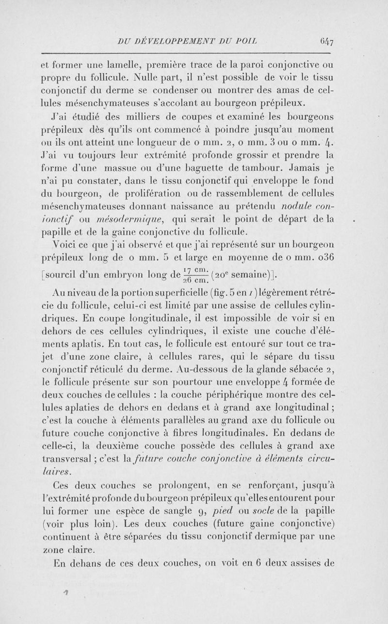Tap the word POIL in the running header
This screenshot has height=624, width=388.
pos(245,41)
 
